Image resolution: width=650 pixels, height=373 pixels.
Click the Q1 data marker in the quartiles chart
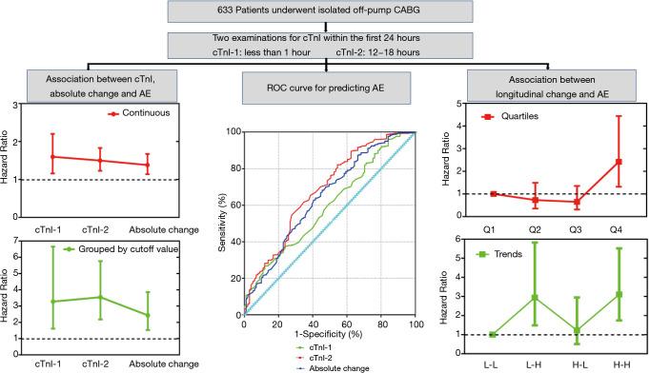coord(493,193)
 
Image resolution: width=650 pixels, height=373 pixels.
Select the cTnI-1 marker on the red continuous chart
coord(53,157)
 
